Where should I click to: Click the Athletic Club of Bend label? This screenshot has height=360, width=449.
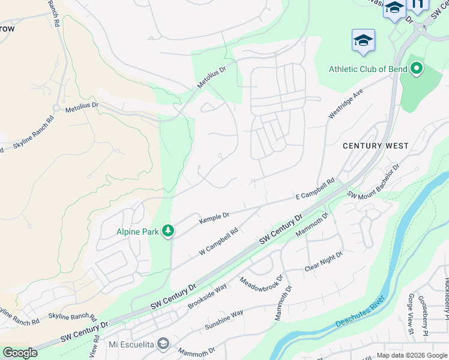click(368, 69)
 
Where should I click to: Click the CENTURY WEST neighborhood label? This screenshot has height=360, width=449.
click(375, 146)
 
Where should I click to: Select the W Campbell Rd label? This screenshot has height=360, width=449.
click(219, 240)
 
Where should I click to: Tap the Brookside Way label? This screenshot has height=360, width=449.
click(207, 296)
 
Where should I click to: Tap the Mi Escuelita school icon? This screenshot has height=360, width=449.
click(163, 344)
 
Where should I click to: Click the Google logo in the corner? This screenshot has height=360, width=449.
click(20, 353)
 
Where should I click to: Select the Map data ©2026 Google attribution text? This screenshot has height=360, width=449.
click(411, 355)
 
